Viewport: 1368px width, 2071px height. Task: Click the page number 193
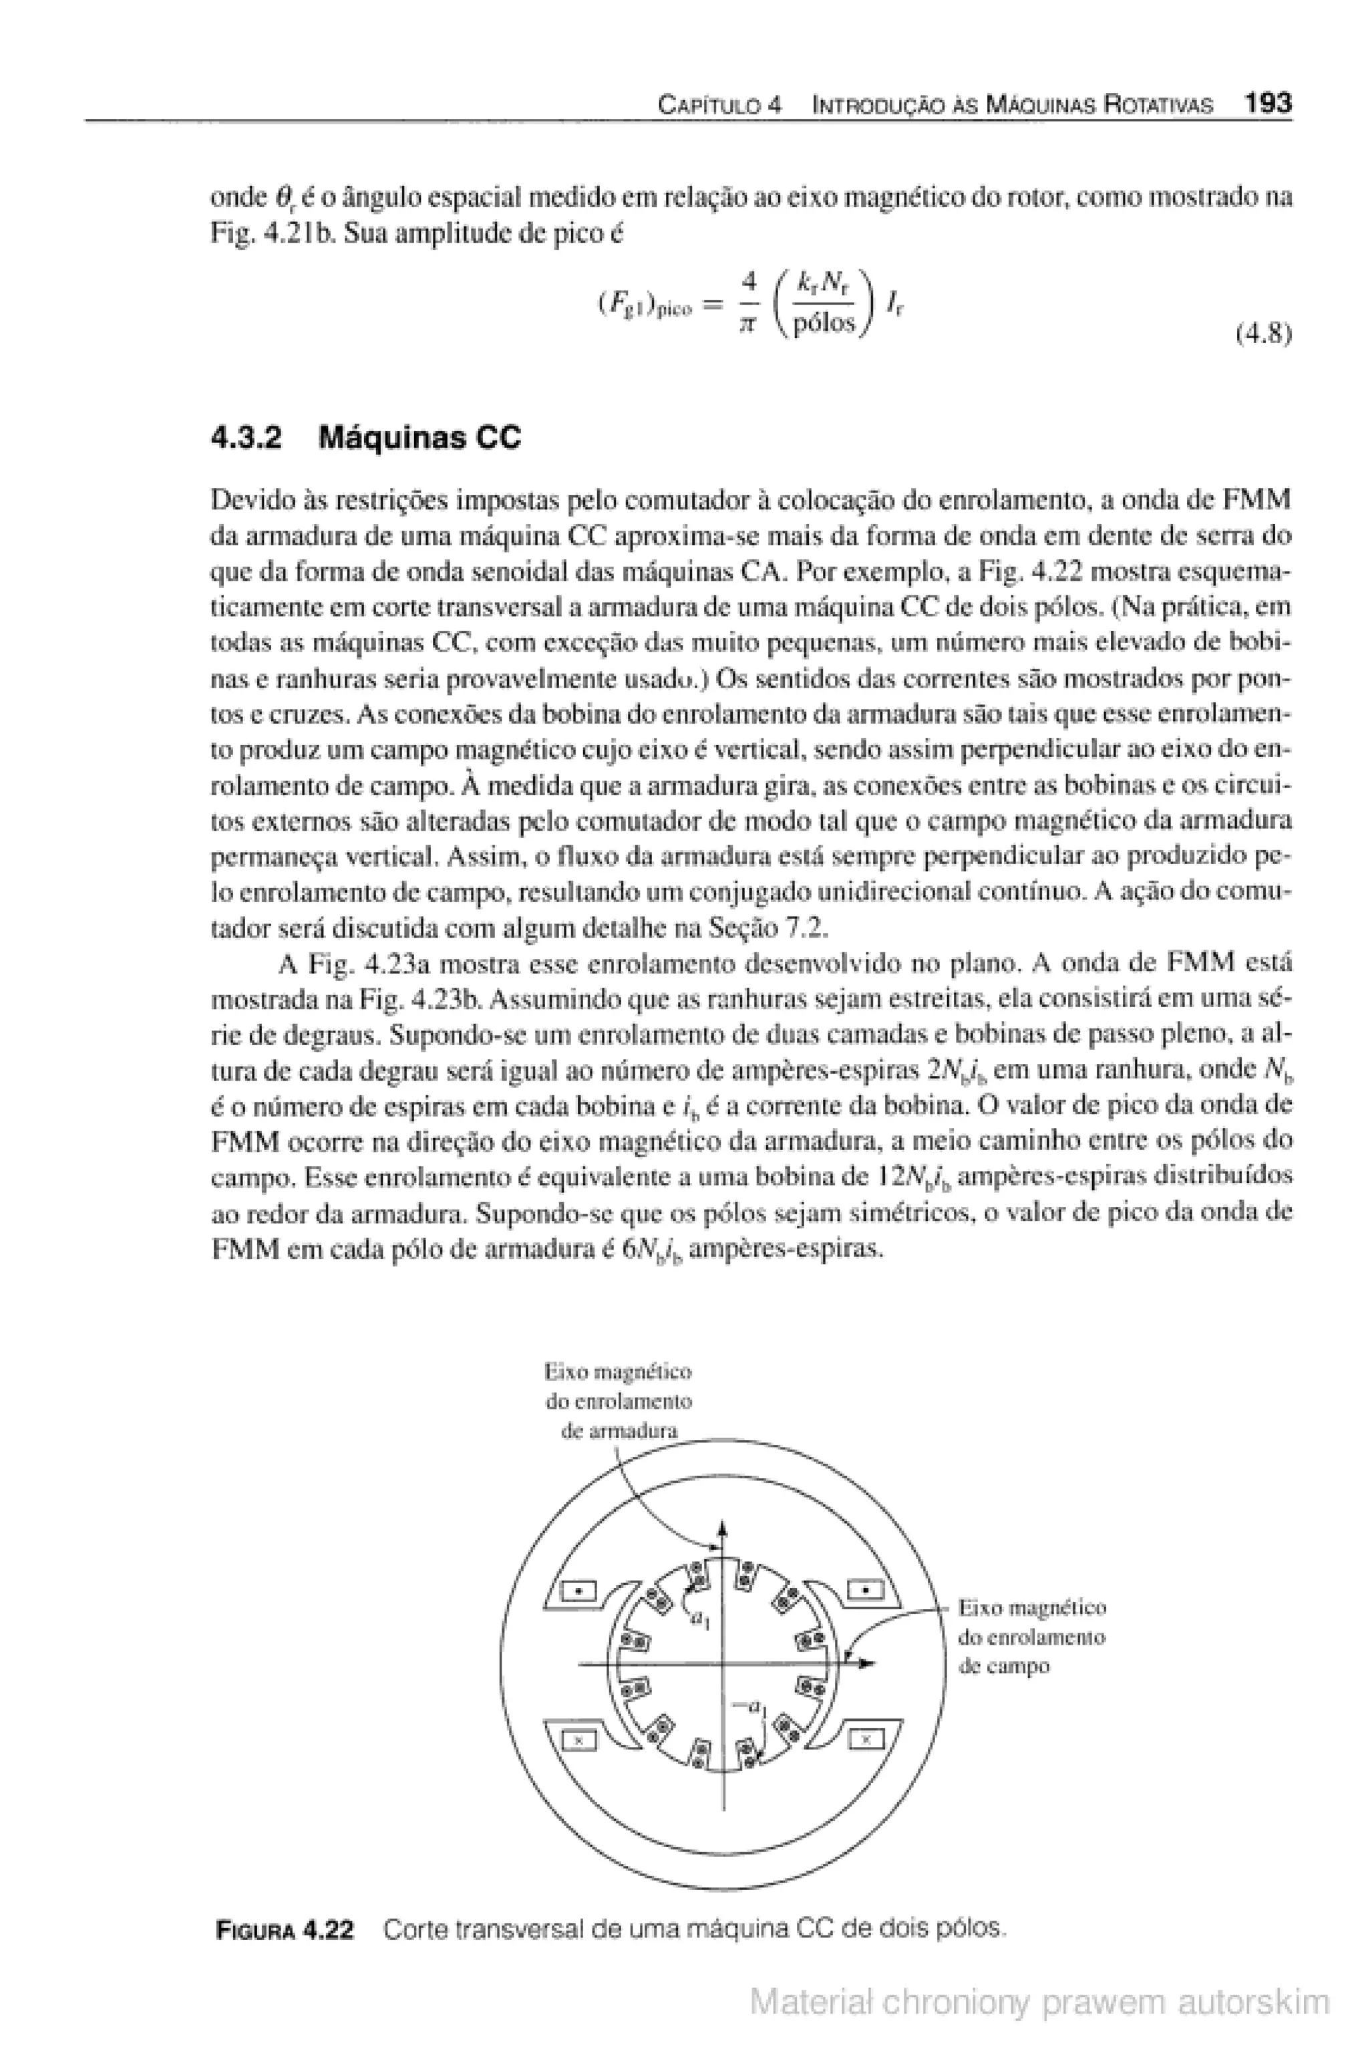pos(1266,104)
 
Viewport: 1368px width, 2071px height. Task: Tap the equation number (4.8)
pos(1263,334)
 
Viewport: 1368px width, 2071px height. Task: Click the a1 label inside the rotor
pos(701,1621)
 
